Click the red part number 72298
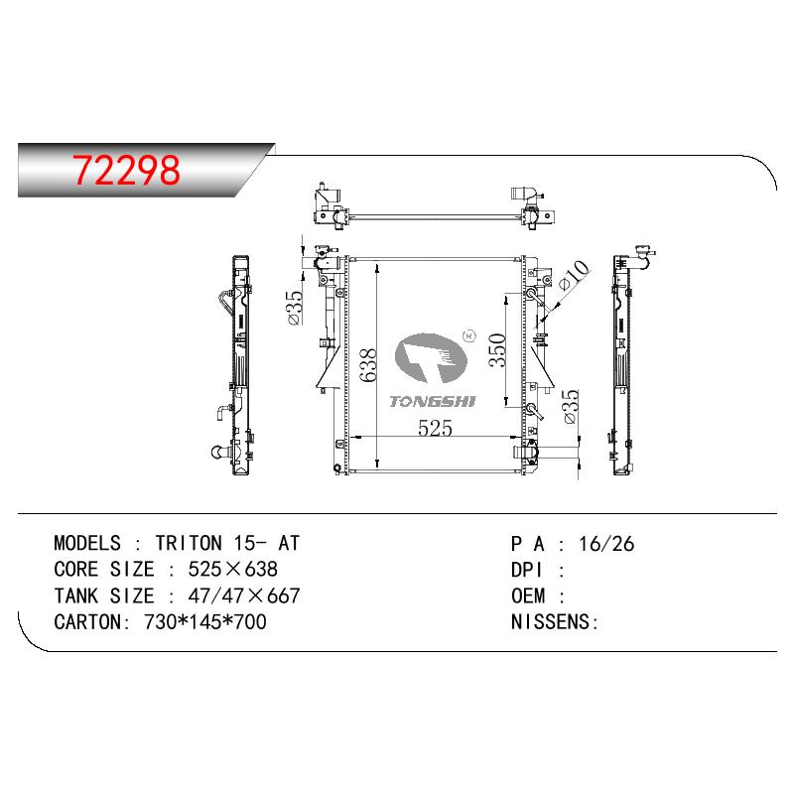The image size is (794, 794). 126,170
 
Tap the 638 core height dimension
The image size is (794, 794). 367,365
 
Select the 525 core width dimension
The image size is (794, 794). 435,429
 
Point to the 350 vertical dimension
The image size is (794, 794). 497,350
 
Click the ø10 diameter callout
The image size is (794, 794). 575,275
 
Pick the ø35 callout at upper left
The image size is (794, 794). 294,308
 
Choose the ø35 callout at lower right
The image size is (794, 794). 570,407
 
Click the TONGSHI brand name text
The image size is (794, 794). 433,402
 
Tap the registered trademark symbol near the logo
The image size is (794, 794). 469,335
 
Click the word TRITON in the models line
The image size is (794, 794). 189,543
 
